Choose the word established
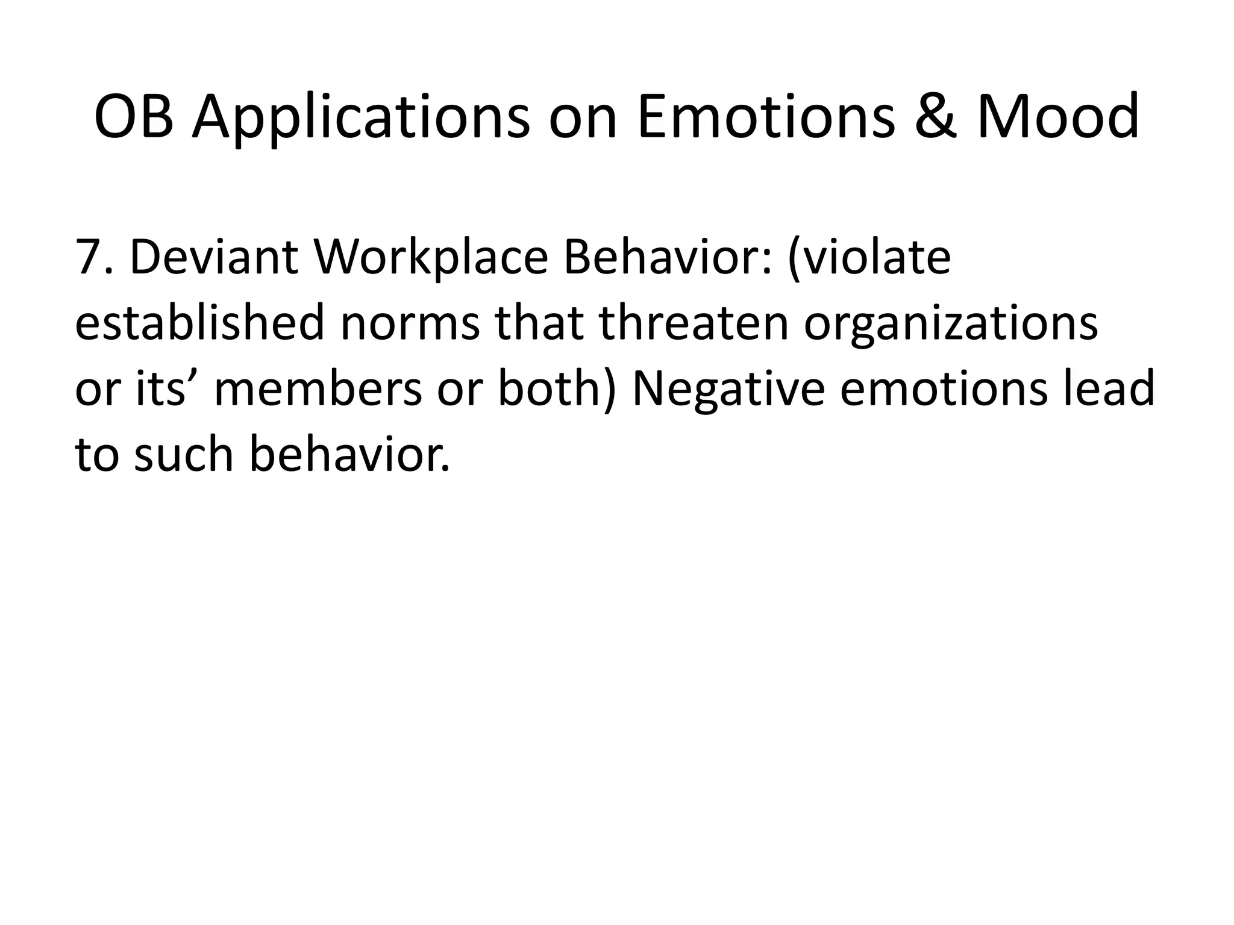(x=199, y=323)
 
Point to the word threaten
(x=694, y=323)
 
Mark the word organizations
(x=951, y=323)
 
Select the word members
(x=318, y=388)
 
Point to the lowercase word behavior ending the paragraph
(x=348, y=454)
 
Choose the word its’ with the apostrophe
(x=160, y=388)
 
